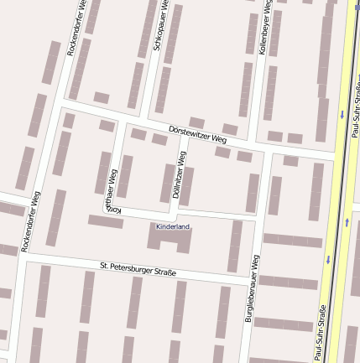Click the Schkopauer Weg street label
coord(160,25)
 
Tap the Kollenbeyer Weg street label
coord(265,27)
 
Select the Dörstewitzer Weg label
coord(197,133)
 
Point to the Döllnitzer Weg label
coord(180,174)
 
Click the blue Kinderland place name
coord(173,226)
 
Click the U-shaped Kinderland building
coord(171,238)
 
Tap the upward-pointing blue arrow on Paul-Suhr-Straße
coord(347,222)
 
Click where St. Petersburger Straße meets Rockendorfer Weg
coord(23,254)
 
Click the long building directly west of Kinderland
coord(106,221)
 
